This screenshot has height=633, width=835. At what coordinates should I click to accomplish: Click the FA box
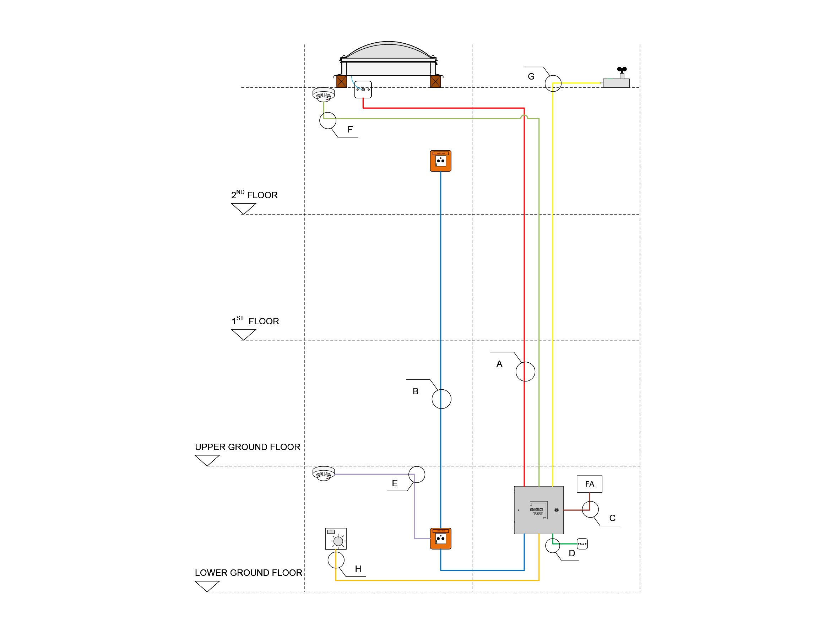(x=589, y=484)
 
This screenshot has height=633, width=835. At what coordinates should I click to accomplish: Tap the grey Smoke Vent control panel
(x=539, y=510)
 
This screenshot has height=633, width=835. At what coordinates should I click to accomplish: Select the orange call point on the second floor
(x=440, y=161)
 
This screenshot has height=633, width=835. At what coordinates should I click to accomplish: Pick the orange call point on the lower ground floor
(x=440, y=538)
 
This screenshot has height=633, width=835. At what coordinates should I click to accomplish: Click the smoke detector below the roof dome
(x=324, y=94)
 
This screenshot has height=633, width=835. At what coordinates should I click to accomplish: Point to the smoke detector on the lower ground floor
(x=324, y=474)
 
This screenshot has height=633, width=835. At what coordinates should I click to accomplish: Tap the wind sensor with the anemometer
(x=616, y=79)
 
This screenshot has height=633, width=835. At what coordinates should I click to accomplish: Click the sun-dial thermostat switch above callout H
(x=336, y=538)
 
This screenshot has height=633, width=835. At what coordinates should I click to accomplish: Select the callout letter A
(x=499, y=364)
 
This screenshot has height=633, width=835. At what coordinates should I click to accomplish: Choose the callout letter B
(x=415, y=391)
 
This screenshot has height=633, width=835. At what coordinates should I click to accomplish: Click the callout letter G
(x=531, y=77)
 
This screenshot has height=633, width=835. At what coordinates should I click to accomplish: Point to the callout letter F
(x=350, y=129)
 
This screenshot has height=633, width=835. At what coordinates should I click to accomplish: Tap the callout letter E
(x=395, y=483)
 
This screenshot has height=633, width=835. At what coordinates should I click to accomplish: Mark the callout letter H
(x=358, y=569)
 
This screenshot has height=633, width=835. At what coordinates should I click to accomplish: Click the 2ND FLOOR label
(x=254, y=195)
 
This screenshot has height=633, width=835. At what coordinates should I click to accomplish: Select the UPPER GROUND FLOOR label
(x=247, y=447)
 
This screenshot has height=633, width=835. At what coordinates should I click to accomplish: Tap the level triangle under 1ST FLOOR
(x=244, y=334)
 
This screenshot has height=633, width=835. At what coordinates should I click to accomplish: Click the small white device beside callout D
(x=582, y=544)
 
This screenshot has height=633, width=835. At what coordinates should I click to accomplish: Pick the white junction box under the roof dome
(x=363, y=90)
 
